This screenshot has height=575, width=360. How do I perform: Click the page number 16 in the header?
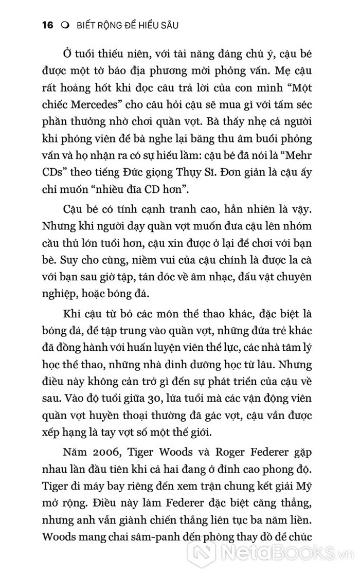coord(46,25)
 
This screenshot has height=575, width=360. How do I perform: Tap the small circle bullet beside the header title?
coord(64,26)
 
